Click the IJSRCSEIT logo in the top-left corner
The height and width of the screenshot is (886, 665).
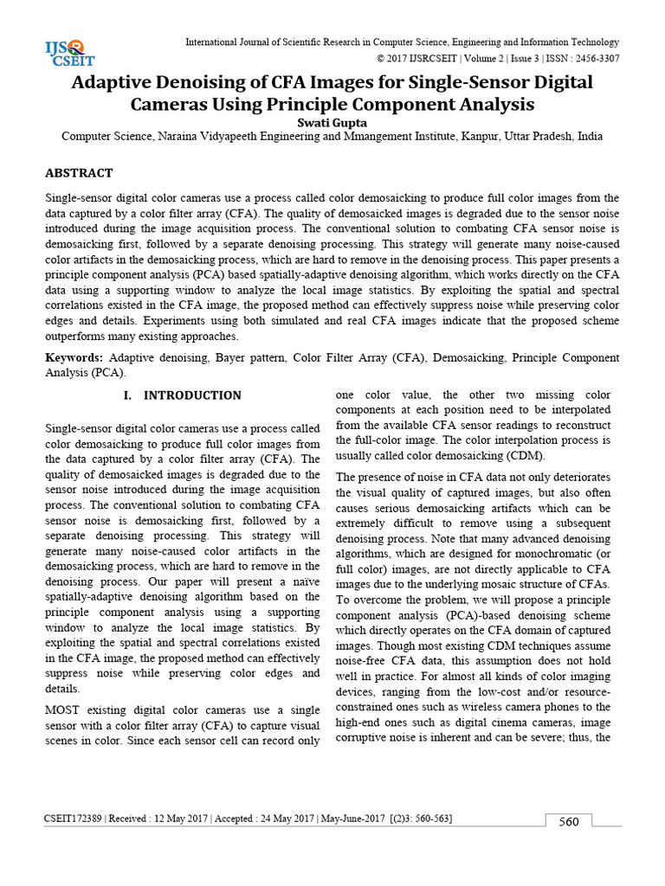(70, 53)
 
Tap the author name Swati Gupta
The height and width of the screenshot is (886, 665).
(332, 122)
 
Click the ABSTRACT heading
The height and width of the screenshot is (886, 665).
(79, 173)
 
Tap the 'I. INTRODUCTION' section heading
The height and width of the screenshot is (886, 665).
(183, 395)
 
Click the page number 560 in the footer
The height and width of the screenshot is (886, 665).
(569, 822)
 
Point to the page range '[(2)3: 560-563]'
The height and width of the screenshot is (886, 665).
(421, 819)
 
